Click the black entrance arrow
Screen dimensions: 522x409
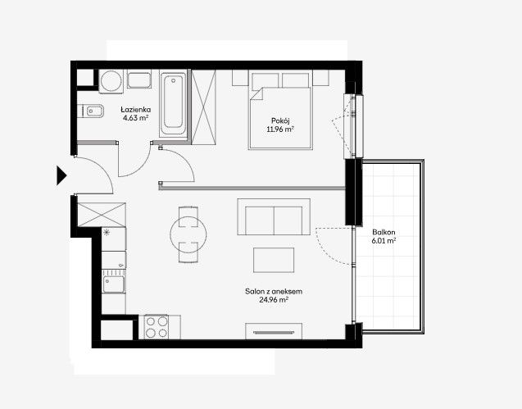click(x=61, y=175)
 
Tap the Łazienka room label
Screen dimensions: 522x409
click(x=136, y=110)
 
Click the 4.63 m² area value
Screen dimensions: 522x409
click(x=135, y=118)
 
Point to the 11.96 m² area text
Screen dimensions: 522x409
click(x=280, y=130)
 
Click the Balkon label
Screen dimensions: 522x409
click(x=384, y=232)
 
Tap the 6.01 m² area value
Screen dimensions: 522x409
click(x=384, y=240)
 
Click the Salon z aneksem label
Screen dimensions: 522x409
click(x=274, y=292)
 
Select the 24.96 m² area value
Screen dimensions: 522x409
click(x=274, y=300)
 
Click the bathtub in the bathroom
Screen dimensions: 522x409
click(x=173, y=103)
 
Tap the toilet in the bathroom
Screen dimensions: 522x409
click(x=91, y=111)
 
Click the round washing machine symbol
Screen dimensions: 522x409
click(x=111, y=81)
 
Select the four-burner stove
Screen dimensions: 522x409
click(x=157, y=327)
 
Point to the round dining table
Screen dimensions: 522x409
click(x=188, y=234)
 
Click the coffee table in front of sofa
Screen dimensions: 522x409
click(x=274, y=260)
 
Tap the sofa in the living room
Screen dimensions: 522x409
click(x=274, y=217)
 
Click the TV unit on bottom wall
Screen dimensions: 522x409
click(x=274, y=331)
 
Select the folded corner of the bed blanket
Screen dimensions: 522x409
click(x=257, y=93)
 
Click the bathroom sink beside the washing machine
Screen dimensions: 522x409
click(x=139, y=80)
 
